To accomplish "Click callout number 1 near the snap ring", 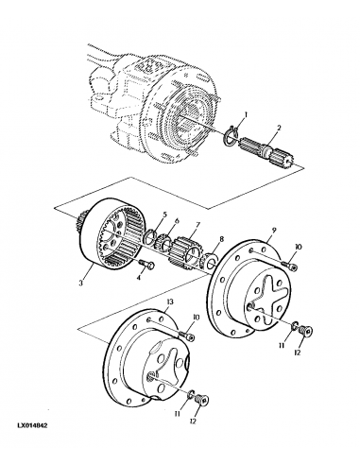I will pos(244,115).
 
